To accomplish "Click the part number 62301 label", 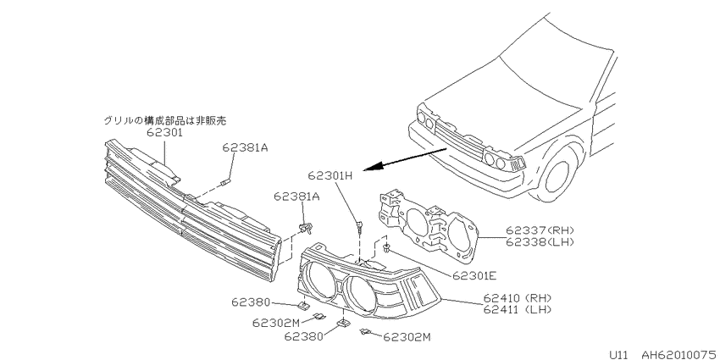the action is coord(165,133).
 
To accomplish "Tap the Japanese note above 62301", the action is coord(165,121).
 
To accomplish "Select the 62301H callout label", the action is coord(330,176).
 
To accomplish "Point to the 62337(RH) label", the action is coord(540,230).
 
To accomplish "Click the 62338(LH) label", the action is coord(540,241).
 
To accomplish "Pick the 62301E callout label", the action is coord(474,275).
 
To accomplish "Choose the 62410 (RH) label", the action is coord(518,298).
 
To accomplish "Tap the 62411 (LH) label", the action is coord(518,309).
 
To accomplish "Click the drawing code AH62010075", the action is coord(678,354).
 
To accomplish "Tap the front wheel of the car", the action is coord(557,174).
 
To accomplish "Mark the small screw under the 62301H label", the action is coord(359,226).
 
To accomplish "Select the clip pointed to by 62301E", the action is coord(388,249).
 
